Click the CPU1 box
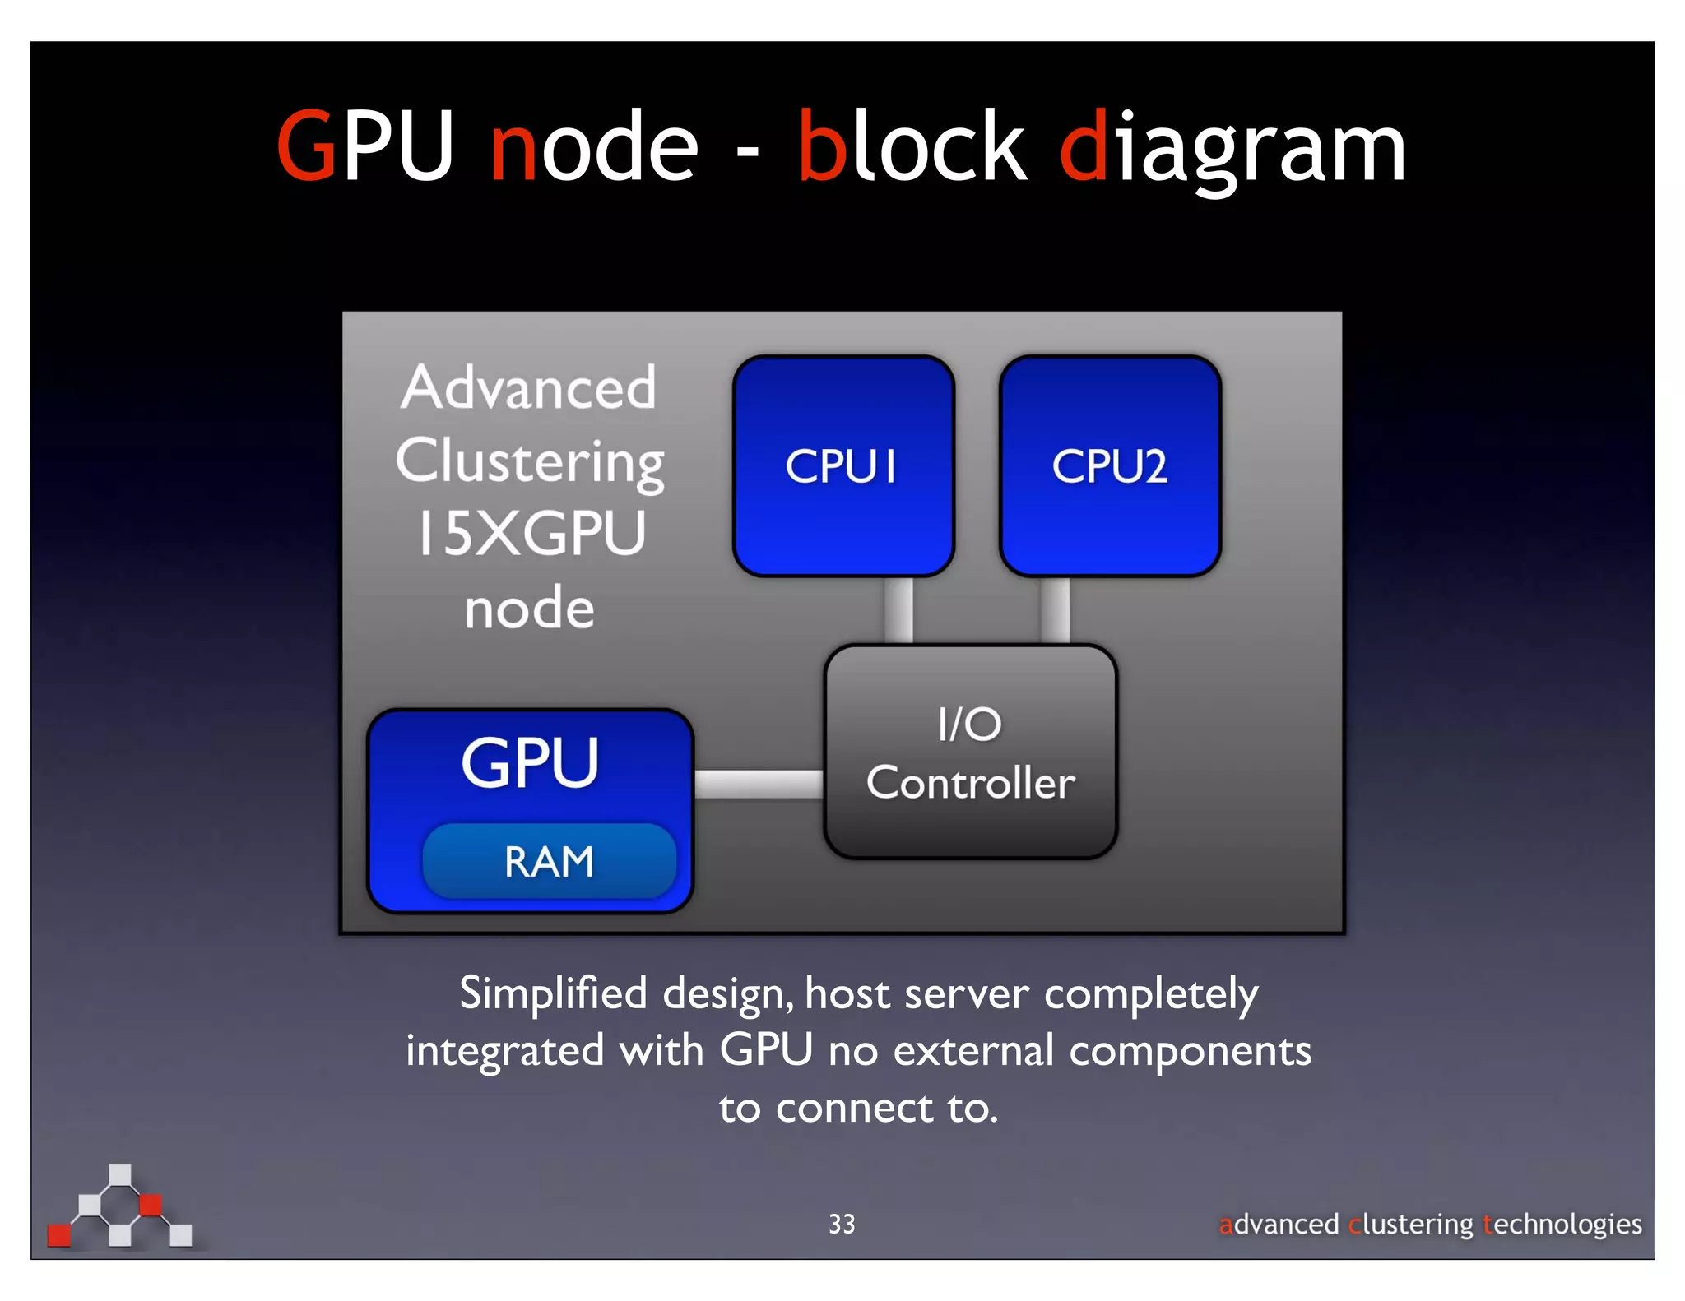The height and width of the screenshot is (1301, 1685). point(843,466)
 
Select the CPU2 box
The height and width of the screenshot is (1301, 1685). point(1110,466)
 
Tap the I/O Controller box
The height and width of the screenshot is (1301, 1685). point(970,752)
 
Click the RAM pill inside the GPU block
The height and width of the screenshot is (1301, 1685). point(549,862)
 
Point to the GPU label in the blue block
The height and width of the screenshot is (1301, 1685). point(530,763)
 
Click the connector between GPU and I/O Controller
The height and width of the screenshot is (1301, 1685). point(759,784)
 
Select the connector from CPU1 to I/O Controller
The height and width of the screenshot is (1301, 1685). point(898,611)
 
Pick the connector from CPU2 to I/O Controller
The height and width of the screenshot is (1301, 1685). point(1055,611)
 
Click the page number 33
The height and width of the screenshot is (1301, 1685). point(842,1225)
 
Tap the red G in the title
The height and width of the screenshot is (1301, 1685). point(306,147)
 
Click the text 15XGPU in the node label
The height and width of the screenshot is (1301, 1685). point(531,534)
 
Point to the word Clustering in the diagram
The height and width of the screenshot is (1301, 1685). point(530,462)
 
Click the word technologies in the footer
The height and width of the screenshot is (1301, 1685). point(1562,1225)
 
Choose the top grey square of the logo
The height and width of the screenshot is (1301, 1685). point(120,1174)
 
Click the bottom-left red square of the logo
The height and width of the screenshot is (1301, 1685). point(59,1235)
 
